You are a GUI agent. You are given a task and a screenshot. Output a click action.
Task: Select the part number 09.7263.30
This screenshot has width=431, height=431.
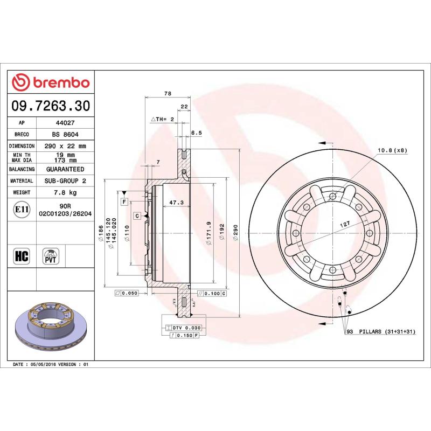pyautogui.click(x=51, y=106)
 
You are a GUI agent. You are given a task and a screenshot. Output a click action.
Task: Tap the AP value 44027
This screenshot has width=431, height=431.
pyautogui.click(x=66, y=122)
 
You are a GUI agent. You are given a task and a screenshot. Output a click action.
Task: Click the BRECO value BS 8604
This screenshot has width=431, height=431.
pyautogui.click(x=66, y=134)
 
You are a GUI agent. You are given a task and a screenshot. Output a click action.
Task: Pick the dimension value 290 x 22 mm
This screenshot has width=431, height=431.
pyautogui.click(x=66, y=146)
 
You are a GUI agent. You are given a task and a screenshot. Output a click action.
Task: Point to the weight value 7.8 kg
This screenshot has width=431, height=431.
pyautogui.click(x=66, y=192)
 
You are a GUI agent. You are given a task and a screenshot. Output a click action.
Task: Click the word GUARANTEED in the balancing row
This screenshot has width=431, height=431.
pyautogui.click(x=66, y=169)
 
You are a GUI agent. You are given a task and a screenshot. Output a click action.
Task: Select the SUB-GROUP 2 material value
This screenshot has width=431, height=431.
pyautogui.click(x=66, y=181)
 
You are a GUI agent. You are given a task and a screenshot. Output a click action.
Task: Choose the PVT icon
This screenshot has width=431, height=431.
pyautogui.click(x=51, y=255)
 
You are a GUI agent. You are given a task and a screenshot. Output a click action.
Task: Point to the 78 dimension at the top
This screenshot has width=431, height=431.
pyautogui.click(x=167, y=94)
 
